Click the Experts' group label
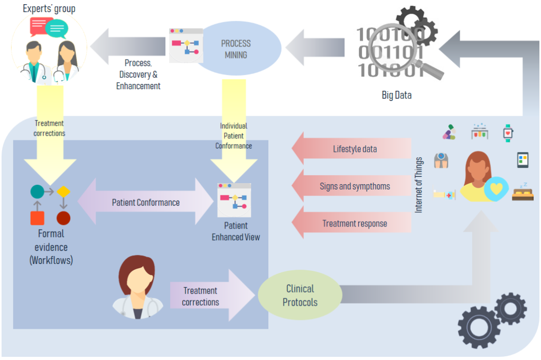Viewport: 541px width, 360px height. point(49,8)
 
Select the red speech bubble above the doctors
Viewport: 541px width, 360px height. point(41,25)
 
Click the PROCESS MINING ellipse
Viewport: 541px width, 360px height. point(236,49)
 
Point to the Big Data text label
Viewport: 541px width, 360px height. point(396,96)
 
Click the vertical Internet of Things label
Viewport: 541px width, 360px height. point(419,185)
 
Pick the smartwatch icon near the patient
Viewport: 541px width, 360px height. point(508,132)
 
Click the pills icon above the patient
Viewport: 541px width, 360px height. point(449,132)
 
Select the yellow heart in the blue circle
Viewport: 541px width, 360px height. point(496,189)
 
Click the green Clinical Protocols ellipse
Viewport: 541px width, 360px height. point(300,296)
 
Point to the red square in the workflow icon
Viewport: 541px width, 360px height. point(37,217)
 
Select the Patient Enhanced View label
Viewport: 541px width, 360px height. point(236,231)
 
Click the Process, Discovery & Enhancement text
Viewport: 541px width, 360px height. point(138,74)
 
